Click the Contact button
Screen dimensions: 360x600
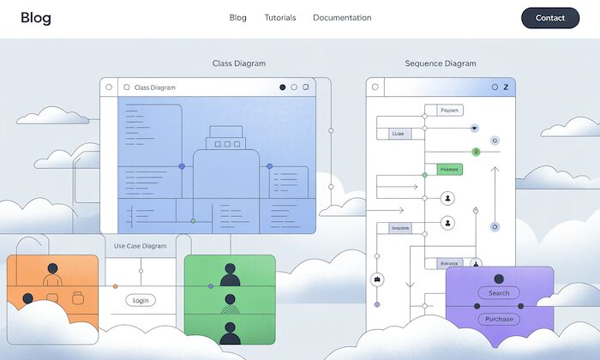tap(549, 18)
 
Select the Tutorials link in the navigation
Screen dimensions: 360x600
tap(279, 18)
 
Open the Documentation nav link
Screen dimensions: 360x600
tap(342, 18)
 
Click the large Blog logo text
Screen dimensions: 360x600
tap(36, 18)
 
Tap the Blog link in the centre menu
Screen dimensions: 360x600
tap(237, 18)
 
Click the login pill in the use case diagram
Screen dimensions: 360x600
tap(141, 300)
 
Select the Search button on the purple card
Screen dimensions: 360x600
tap(499, 293)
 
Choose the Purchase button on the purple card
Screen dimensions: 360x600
tap(499, 319)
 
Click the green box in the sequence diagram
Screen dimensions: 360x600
tap(449, 170)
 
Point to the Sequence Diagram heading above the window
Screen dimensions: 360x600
tap(440, 63)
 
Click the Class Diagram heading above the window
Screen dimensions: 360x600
tap(239, 63)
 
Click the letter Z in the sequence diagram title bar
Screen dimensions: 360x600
tap(506, 87)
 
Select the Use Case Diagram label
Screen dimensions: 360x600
tap(141, 246)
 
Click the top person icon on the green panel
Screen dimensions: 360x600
tap(230, 273)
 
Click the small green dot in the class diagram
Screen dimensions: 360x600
tap(193, 221)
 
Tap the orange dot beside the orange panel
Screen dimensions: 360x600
tap(115, 286)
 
